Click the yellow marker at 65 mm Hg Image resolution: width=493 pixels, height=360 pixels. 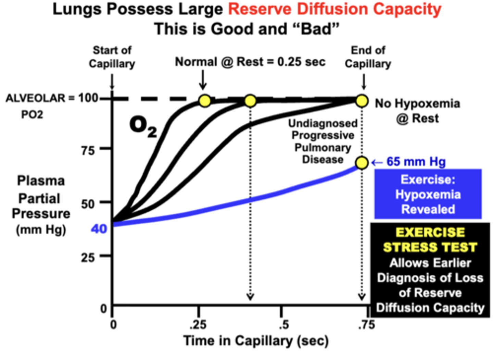362,163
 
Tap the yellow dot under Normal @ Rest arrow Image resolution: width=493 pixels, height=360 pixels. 204,101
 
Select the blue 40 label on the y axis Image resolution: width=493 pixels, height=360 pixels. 99,228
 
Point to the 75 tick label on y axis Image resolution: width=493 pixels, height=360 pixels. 88,150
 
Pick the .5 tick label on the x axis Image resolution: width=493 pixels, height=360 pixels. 283,324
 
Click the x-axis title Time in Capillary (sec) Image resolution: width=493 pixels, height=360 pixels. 256,341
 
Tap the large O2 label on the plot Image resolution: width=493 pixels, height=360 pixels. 143,126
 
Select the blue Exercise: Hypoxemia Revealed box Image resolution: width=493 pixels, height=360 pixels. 428,194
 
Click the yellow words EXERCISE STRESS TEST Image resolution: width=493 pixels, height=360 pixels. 430,240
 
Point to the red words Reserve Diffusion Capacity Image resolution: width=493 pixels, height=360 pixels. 334,9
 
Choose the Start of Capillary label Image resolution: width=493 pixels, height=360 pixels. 112,57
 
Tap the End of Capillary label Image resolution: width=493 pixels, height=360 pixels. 368,57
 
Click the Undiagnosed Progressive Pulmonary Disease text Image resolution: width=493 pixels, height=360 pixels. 323,141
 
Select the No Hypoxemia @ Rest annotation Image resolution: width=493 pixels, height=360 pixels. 417,111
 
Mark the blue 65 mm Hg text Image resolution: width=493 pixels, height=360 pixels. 416,162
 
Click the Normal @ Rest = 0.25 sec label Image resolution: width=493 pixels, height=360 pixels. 250,62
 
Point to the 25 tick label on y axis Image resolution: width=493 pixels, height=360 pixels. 88,257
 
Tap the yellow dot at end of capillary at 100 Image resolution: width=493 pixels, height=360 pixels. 362,101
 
